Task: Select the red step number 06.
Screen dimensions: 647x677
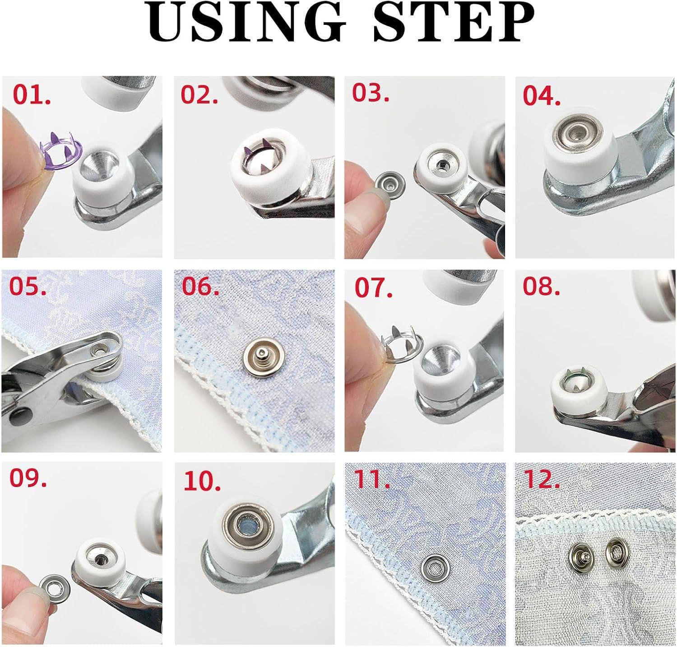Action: (200, 287)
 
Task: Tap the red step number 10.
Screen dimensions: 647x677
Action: (202, 482)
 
